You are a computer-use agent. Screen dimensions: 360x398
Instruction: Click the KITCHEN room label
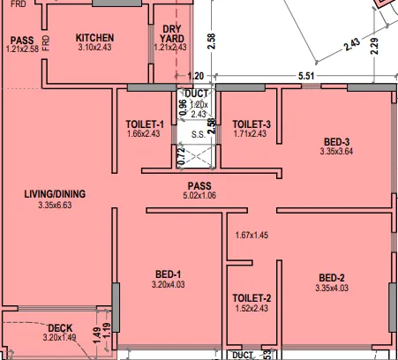96,37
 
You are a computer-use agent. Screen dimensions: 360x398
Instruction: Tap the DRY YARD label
172,34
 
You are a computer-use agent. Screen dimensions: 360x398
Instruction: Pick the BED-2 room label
334,277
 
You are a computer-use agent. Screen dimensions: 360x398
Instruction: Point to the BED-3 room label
335,141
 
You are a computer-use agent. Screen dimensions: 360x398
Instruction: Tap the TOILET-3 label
252,123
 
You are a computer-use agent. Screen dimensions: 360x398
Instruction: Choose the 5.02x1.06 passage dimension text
198,195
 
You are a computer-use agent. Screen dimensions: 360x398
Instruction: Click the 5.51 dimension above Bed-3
307,77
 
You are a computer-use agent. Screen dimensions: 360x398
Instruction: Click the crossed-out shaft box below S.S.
198,157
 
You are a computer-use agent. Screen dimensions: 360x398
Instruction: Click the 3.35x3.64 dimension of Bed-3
335,152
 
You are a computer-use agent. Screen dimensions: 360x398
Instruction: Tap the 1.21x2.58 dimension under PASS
22,49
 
